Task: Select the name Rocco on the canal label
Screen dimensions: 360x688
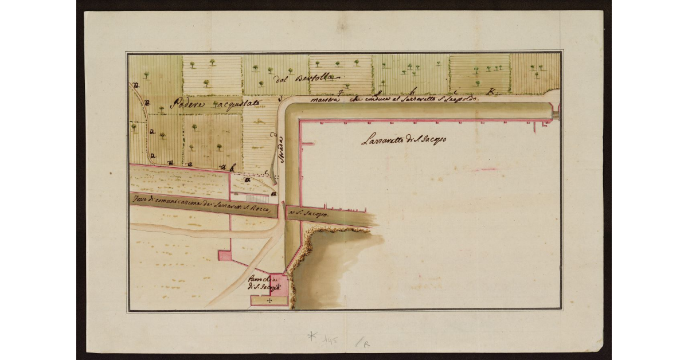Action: tap(265, 210)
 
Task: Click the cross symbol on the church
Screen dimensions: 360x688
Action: tap(269, 301)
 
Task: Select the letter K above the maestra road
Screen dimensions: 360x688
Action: tap(491, 91)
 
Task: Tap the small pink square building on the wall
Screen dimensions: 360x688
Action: tap(225, 256)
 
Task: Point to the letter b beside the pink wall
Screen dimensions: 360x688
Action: tap(232, 168)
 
